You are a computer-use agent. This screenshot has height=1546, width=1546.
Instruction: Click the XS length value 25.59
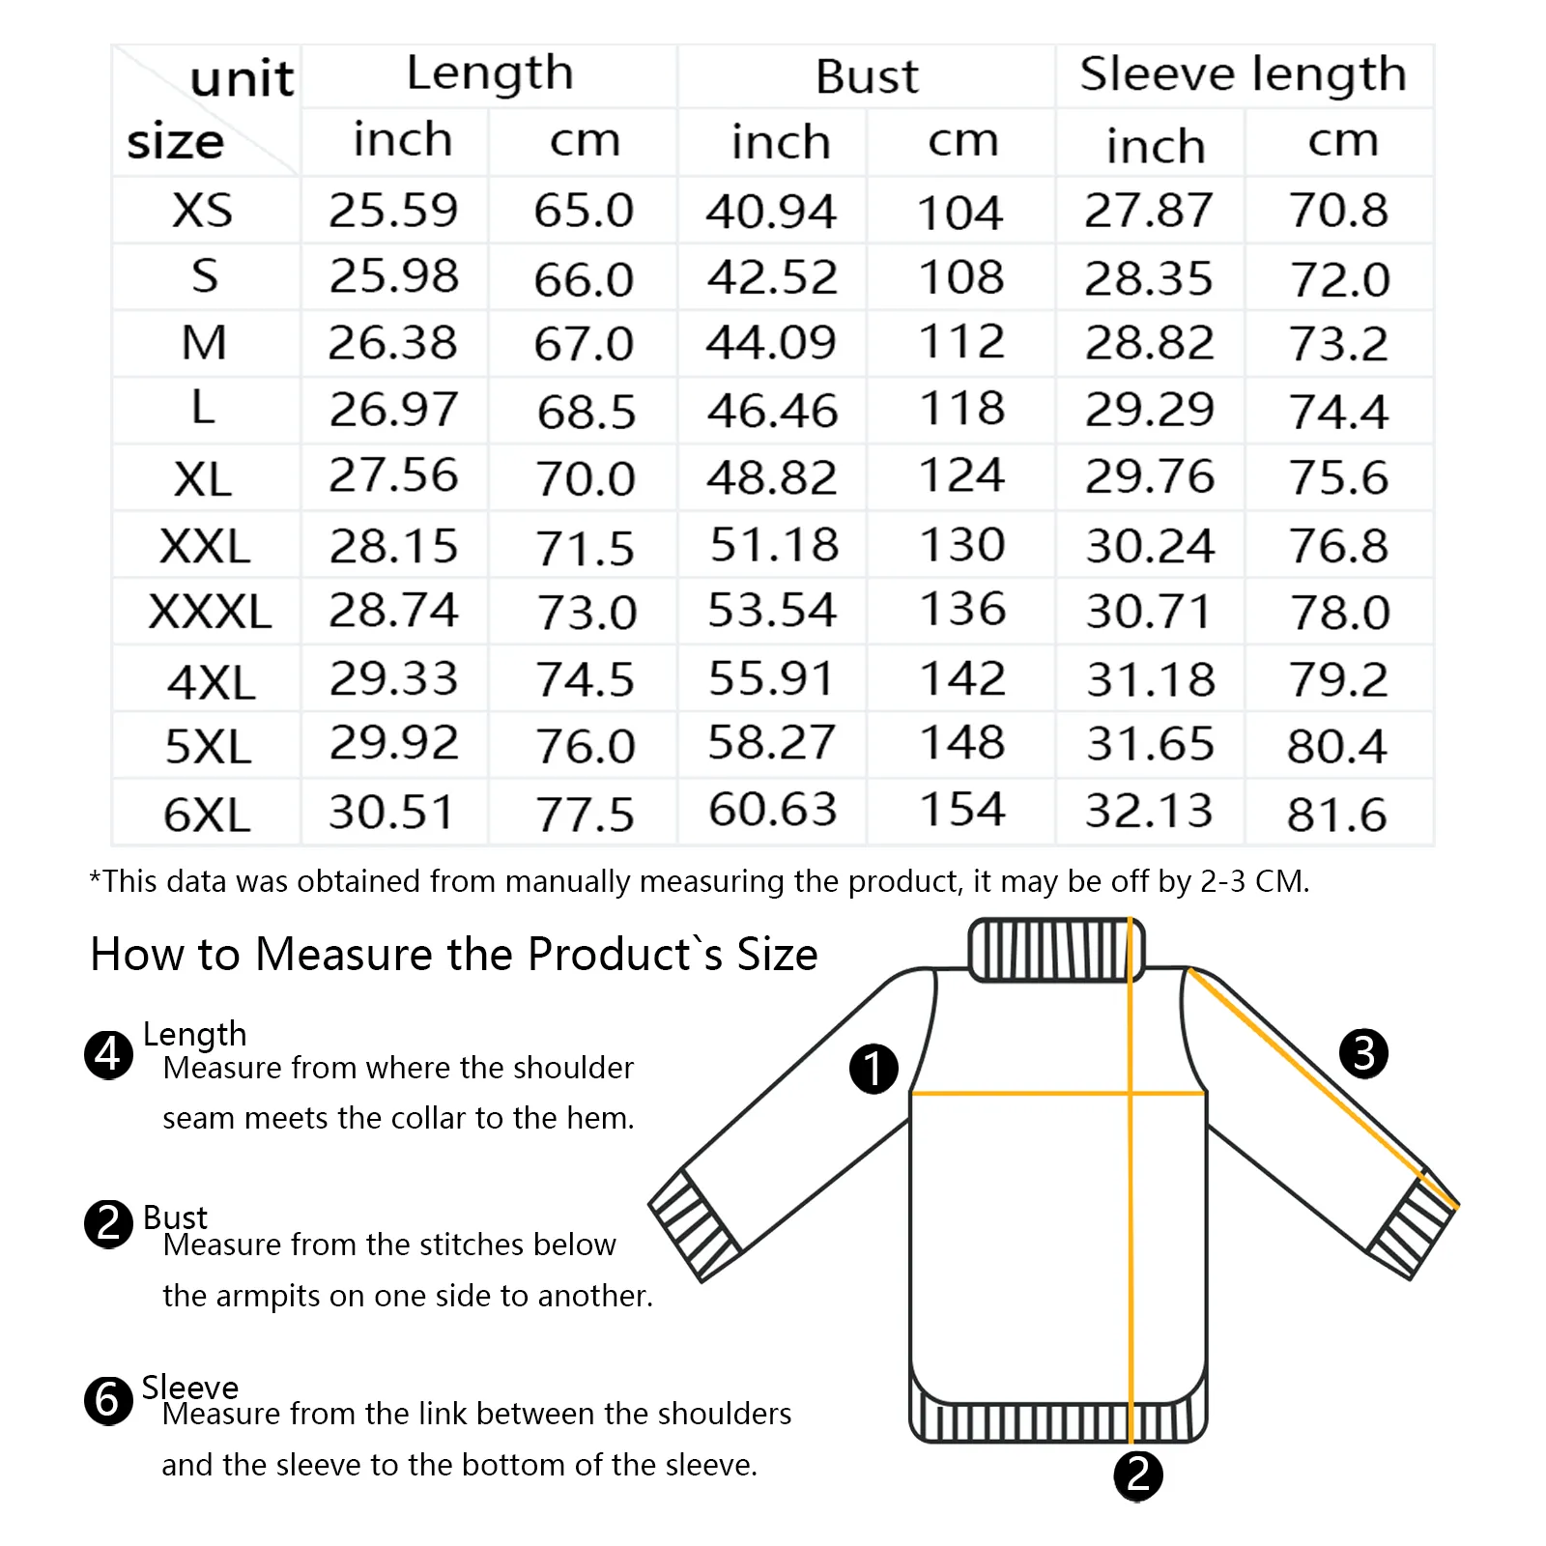pos(393,211)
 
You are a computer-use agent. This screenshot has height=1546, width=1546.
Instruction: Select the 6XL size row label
pos(207,815)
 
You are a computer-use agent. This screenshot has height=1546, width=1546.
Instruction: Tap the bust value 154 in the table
pos(962,810)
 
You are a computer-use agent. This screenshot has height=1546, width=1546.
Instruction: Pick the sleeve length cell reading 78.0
pos(1340,612)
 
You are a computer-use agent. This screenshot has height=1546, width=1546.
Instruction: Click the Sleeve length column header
pos(1243,74)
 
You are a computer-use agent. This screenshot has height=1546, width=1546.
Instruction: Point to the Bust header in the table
pos(867,76)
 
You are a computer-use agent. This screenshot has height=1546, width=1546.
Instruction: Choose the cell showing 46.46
pos(772,411)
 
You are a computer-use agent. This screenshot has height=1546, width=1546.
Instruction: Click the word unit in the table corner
pos(242,78)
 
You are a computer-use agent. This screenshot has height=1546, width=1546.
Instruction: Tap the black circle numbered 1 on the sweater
pos(873,1069)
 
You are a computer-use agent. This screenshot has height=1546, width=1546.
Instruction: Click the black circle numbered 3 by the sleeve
pos(1363,1053)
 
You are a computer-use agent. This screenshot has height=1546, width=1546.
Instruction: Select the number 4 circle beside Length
pos(108,1054)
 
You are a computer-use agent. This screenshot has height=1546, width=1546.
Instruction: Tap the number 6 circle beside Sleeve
pos(108,1400)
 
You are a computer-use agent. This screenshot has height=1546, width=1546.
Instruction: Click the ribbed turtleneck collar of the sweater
pos(1057,950)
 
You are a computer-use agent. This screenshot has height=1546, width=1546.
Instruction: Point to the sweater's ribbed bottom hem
pos(1059,1418)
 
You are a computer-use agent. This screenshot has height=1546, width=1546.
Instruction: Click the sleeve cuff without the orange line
pos(694,1225)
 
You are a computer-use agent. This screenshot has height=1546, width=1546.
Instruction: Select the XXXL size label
pos(210,612)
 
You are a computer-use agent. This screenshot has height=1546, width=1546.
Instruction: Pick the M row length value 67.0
pos(584,344)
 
